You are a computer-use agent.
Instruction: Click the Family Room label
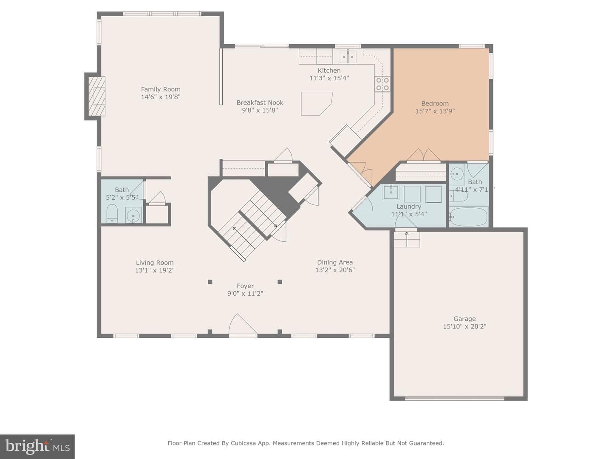point(161,89)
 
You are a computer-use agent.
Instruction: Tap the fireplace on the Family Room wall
point(97,96)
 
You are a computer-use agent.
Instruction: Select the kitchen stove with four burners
point(382,84)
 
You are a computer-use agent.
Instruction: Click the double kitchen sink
point(348,57)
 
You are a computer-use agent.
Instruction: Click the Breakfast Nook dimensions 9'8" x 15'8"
point(260,110)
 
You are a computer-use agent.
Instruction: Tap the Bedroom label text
point(435,103)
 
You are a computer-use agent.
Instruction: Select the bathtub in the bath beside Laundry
point(468,217)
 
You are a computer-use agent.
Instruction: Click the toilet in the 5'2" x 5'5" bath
point(112,213)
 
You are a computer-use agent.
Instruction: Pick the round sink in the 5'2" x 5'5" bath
point(133,215)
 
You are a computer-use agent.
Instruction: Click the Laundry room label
point(409,207)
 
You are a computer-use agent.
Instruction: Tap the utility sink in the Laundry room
point(391,192)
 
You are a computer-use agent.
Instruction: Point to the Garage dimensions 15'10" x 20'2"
point(465,326)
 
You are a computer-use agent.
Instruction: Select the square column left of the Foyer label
point(210,282)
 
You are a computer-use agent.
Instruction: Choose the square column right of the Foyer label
point(280,282)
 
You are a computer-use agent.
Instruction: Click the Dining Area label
point(335,262)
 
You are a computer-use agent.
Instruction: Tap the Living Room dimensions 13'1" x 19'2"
point(155,270)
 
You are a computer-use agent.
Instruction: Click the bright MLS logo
point(37,446)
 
